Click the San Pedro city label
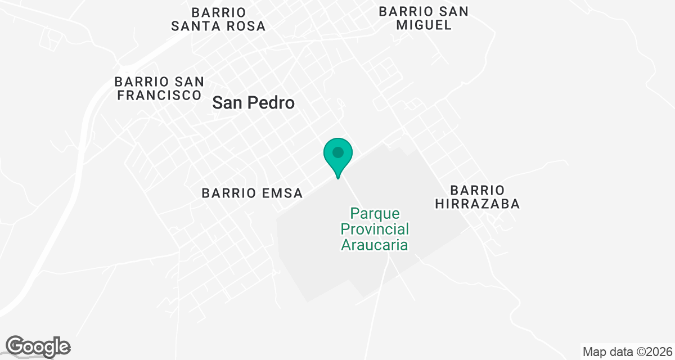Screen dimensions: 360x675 click(x=254, y=103)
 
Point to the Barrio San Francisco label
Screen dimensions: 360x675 click(x=159, y=89)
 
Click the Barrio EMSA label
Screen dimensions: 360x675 click(x=252, y=193)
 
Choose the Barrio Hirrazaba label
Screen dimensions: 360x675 click(x=477, y=196)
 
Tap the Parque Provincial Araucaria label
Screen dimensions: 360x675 click(x=375, y=229)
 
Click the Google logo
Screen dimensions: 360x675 click(x=38, y=346)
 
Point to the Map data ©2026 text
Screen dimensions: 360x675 click(x=627, y=352)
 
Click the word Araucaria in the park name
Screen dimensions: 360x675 click(x=375, y=245)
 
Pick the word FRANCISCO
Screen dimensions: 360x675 click(x=159, y=96)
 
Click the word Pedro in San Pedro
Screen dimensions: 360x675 click(x=274, y=103)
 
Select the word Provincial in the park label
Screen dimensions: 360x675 click(x=375, y=229)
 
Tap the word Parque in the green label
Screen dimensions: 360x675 click(x=375, y=214)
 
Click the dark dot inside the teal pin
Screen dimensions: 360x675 click(x=338, y=152)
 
